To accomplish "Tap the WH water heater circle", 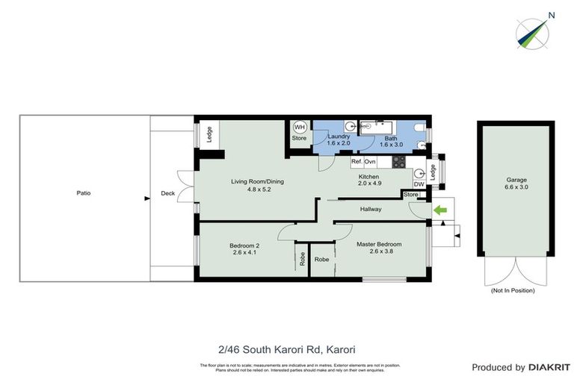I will [299, 128].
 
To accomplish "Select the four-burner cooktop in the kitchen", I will [398, 160].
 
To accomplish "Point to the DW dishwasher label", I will [419, 184].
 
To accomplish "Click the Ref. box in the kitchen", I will [357, 161].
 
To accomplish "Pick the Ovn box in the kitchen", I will [370, 161].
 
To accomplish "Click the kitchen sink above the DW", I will [418, 171].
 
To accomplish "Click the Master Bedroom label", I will [379, 245].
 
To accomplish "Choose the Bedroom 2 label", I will [244, 245].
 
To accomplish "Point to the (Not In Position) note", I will [513, 291].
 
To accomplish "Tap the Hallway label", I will [371, 209].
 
